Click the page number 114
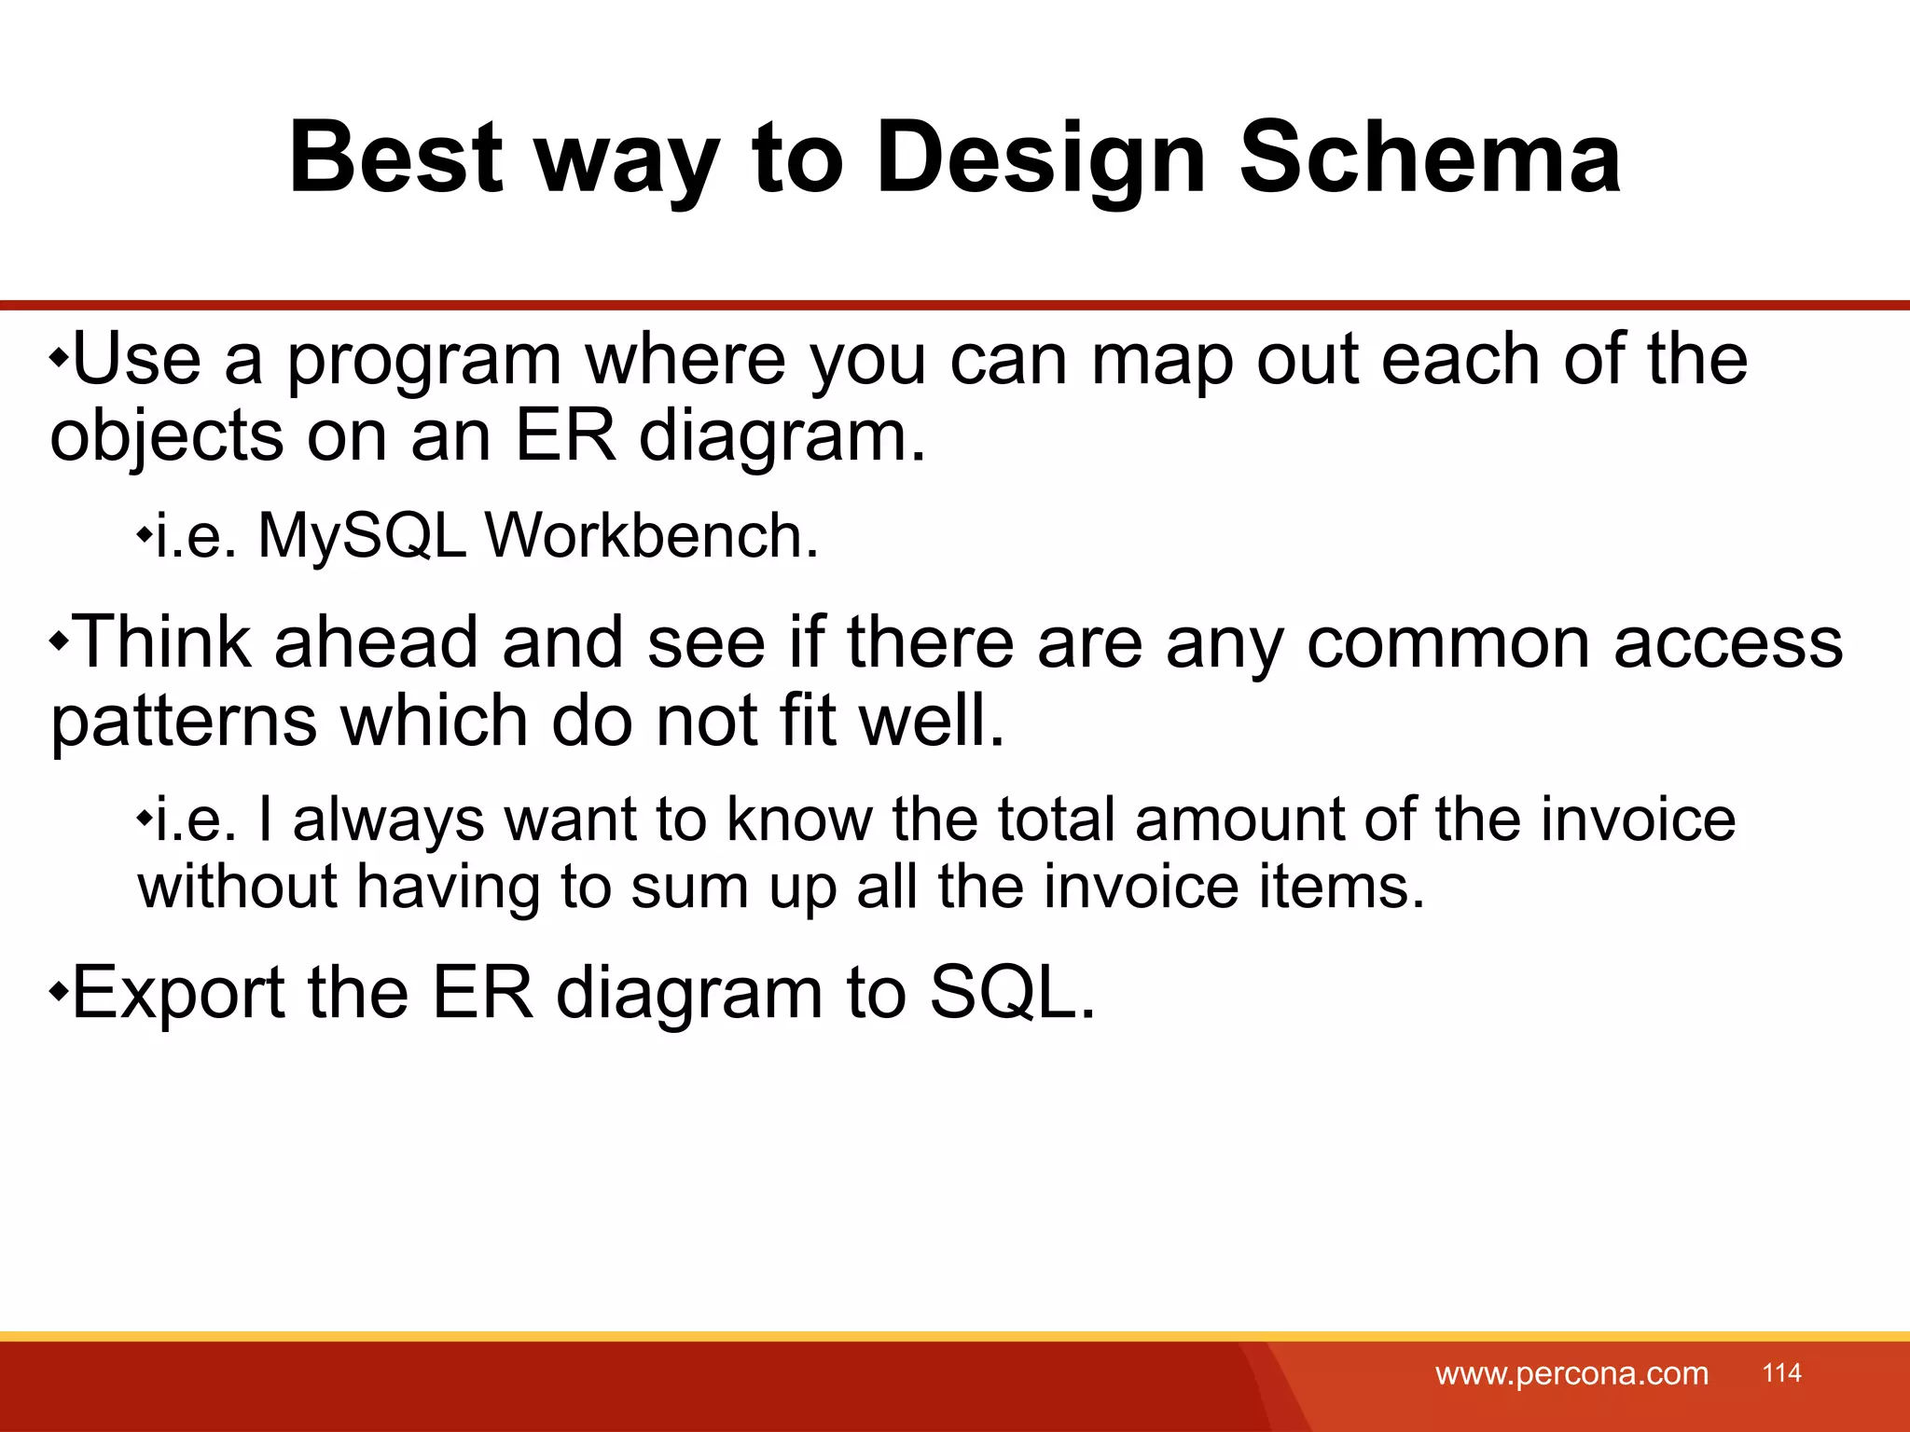tap(1781, 1372)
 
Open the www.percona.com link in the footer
tap(1571, 1373)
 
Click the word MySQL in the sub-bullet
tap(362, 537)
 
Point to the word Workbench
tap(650, 537)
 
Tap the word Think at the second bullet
tap(161, 643)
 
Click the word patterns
tap(184, 723)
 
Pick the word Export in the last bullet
tap(178, 993)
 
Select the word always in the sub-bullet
tap(388, 820)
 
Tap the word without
tap(237, 887)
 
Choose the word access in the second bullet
tap(1727, 643)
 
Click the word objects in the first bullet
tap(166, 437)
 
